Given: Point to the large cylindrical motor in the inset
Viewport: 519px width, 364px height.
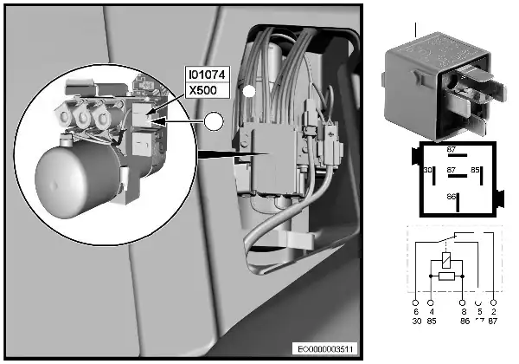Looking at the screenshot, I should (77, 178).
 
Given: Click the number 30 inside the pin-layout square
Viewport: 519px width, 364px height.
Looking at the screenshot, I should (426, 170).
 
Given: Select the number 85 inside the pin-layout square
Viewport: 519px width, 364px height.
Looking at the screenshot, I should (475, 170).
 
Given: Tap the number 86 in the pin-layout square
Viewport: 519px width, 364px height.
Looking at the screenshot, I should (451, 198).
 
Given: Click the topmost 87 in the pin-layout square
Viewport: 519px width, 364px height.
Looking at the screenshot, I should (451, 150).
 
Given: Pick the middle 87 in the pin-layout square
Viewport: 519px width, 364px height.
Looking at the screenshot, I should (451, 170).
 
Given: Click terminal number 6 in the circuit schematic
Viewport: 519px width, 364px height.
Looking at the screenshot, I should (416, 311).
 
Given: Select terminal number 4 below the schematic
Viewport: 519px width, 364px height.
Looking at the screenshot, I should (432, 311).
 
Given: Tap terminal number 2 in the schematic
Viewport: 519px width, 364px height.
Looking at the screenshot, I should (494, 311).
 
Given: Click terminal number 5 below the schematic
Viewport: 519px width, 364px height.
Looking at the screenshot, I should (478, 311).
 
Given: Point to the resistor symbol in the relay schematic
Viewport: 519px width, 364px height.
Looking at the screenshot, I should (446, 276).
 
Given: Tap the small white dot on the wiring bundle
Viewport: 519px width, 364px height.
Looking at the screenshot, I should (248, 90).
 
